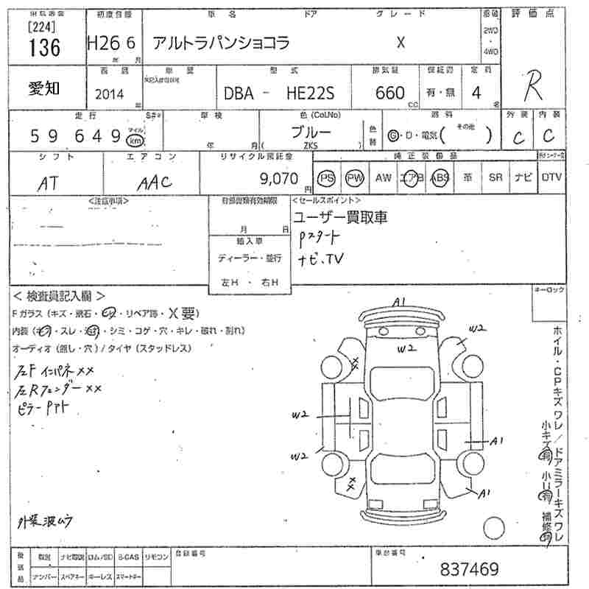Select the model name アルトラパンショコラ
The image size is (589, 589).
tap(221, 43)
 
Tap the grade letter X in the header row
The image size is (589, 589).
tap(401, 42)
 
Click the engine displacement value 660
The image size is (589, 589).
tap(389, 93)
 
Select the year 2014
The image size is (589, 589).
tap(110, 94)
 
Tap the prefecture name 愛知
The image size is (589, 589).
tap(43, 87)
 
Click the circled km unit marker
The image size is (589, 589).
tap(134, 140)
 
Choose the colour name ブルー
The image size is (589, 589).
tap(311, 133)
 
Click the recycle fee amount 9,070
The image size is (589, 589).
tap(279, 177)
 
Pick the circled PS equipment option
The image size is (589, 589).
tap(326, 177)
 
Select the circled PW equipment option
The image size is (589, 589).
tap(355, 177)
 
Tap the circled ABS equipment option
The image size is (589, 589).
tap(440, 177)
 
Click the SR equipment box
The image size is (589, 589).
tap(495, 177)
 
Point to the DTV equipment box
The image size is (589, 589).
tap(551, 177)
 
